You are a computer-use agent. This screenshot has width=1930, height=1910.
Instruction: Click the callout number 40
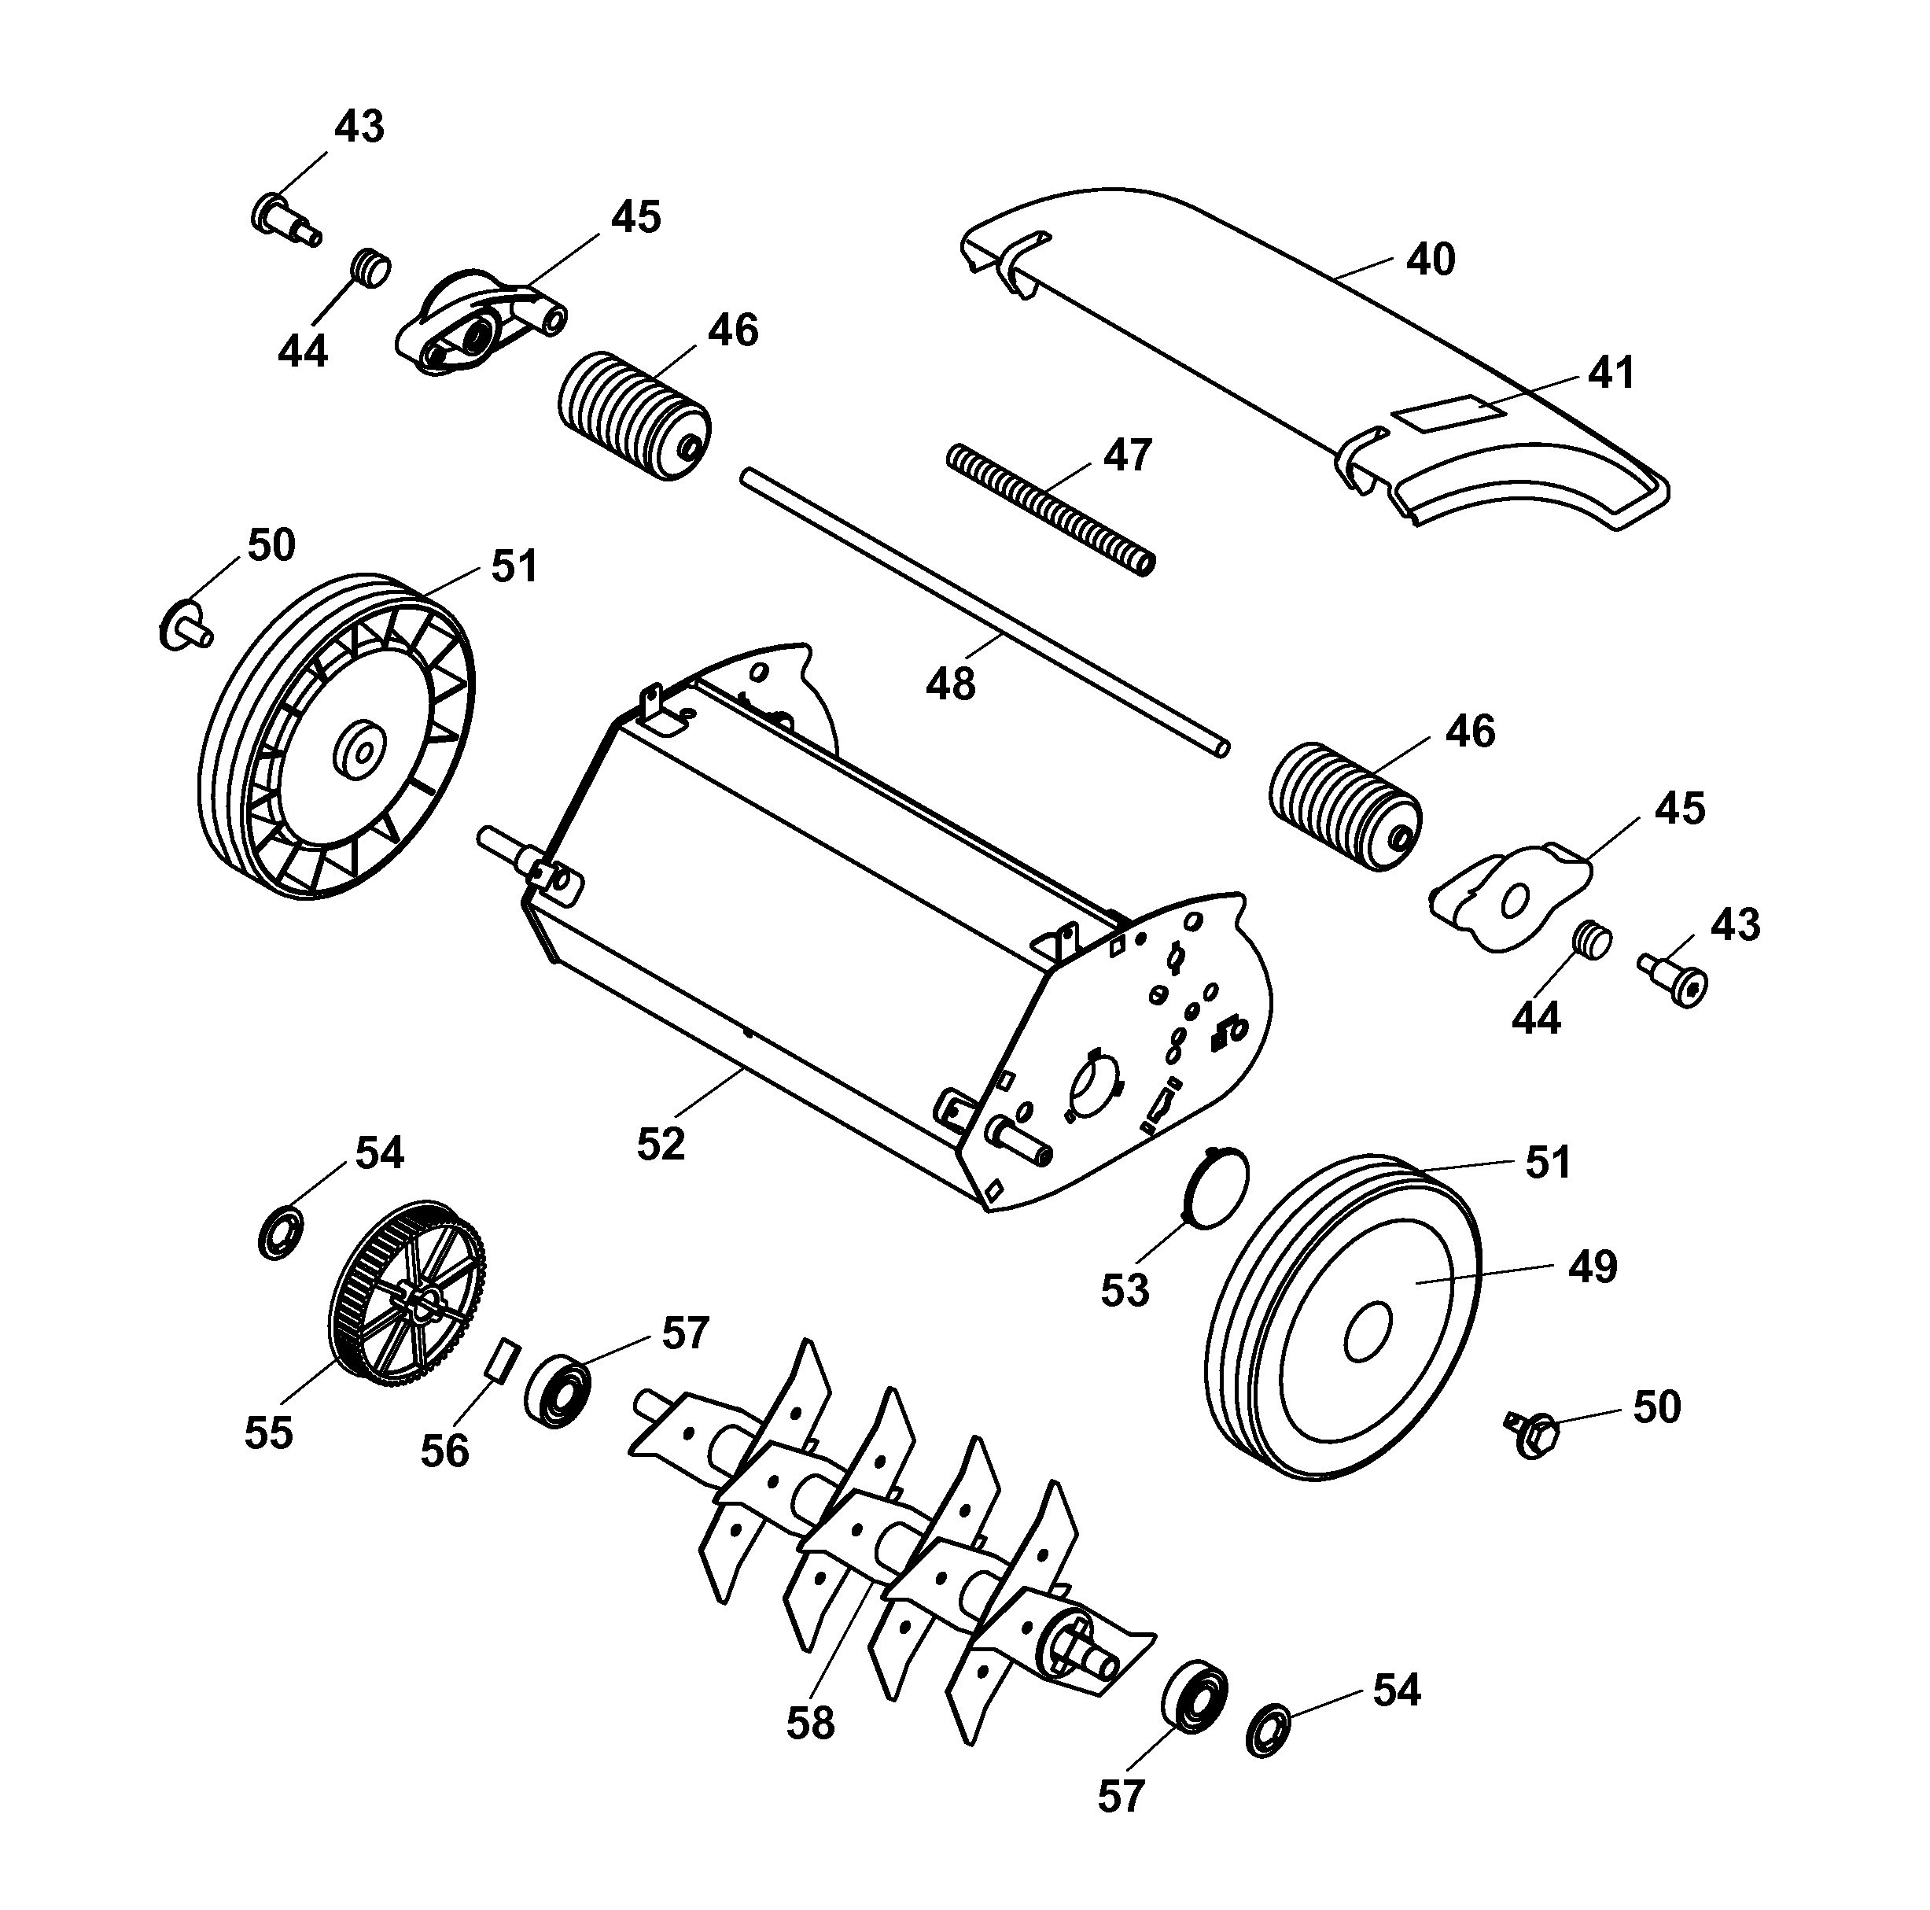click(1430, 260)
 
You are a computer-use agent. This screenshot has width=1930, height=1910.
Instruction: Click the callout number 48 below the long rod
click(950, 684)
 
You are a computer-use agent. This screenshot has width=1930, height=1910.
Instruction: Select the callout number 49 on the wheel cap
click(1593, 1266)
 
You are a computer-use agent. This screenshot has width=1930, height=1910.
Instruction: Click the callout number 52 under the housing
click(661, 1144)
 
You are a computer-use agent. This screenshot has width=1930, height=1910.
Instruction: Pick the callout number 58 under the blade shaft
click(809, 1724)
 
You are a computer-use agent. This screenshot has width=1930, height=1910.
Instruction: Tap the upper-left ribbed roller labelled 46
click(632, 415)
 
